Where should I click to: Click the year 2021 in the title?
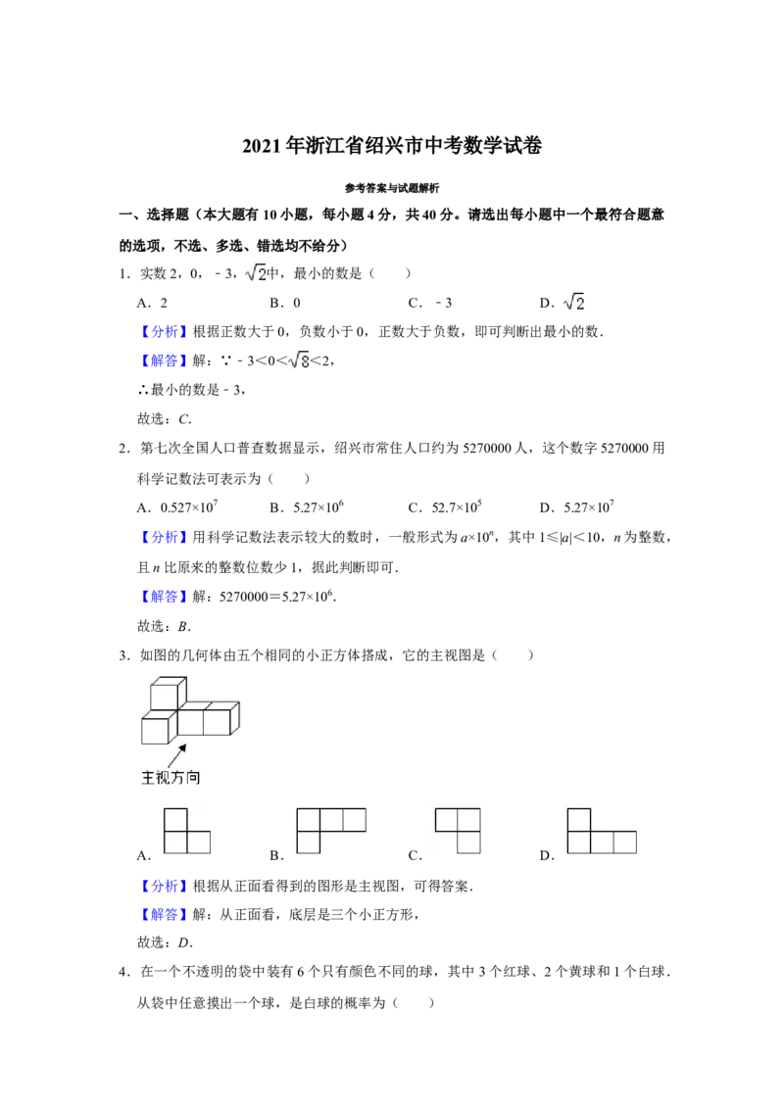pyautogui.click(x=263, y=146)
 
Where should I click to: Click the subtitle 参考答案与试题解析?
pyautogui.click(x=392, y=188)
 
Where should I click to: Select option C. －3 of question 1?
pyautogui.click(x=430, y=303)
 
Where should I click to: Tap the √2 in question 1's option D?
pyautogui.click(x=574, y=302)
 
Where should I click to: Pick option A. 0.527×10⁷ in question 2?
pyautogui.click(x=177, y=506)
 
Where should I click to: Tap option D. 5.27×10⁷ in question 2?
pyautogui.click(x=576, y=506)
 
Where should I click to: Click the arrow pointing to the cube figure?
pyautogui.click(x=177, y=754)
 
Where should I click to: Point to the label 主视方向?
pyautogui.click(x=171, y=777)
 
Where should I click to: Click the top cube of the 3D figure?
pyautogui.click(x=169, y=694)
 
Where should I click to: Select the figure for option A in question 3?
pyautogui.click(x=187, y=831)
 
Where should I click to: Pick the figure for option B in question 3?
pyautogui.click(x=331, y=831)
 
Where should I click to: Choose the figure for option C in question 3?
pyautogui.click(x=458, y=831)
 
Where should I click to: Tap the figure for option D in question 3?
pyautogui.click(x=602, y=831)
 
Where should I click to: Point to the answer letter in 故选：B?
pyautogui.click(x=183, y=626)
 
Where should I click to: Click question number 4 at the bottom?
pyautogui.click(x=123, y=972)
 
